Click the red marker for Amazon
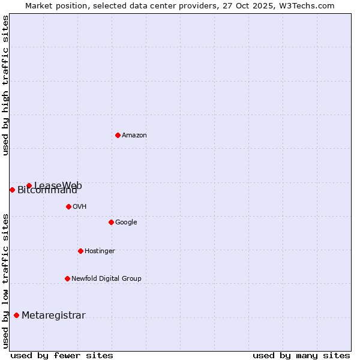[x=118, y=135]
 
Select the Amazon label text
[x=134, y=136]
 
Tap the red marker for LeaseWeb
[x=29, y=185]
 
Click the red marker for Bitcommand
[x=12, y=190]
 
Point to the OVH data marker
[x=68, y=206]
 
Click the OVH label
[x=80, y=207]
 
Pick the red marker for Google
[x=111, y=222]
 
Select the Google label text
[x=126, y=223]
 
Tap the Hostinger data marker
[x=80, y=251]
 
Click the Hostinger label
[x=100, y=251]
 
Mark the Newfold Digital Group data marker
[x=67, y=278]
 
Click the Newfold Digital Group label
[x=106, y=279]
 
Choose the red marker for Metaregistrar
[x=16, y=315]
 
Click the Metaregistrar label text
[x=53, y=316]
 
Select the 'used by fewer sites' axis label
[x=62, y=356]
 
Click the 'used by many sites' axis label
[x=301, y=356]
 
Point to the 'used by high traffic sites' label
[x=5, y=85]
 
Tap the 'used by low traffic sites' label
[x=5, y=280]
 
